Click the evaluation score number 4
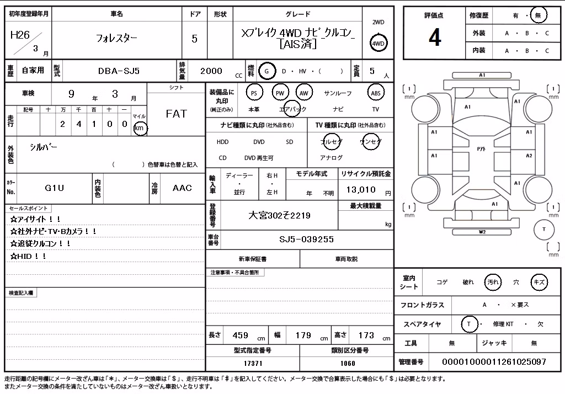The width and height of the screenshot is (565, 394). coord(435,37)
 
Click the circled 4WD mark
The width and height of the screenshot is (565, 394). coord(378,43)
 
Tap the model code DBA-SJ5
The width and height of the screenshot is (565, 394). coord(119,71)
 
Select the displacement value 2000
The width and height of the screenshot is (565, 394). coord(211,71)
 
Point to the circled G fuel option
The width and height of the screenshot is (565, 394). coord(266,71)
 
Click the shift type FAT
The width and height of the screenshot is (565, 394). coord(176,114)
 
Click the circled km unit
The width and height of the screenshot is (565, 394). coord(140,128)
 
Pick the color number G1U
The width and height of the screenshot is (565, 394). coord(55,188)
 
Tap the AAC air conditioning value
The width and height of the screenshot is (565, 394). coord(182,188)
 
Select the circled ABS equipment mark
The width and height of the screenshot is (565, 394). coord(375,93)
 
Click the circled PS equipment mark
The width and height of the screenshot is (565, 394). coord(254,93)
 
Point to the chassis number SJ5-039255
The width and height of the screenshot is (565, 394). coord(306,239)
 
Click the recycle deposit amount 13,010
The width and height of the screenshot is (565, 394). coord(361,190)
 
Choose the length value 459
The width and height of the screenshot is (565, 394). coord(241,336)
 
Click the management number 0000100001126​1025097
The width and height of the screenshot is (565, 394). coord(494,361)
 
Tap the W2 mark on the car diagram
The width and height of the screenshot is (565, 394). coord(482,232)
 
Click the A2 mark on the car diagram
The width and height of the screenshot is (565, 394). coord(529,156)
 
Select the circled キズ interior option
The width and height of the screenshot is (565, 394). coord(539,282)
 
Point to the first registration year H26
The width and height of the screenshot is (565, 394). coord(20,35)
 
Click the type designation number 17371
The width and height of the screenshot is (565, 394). coord(253,363)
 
